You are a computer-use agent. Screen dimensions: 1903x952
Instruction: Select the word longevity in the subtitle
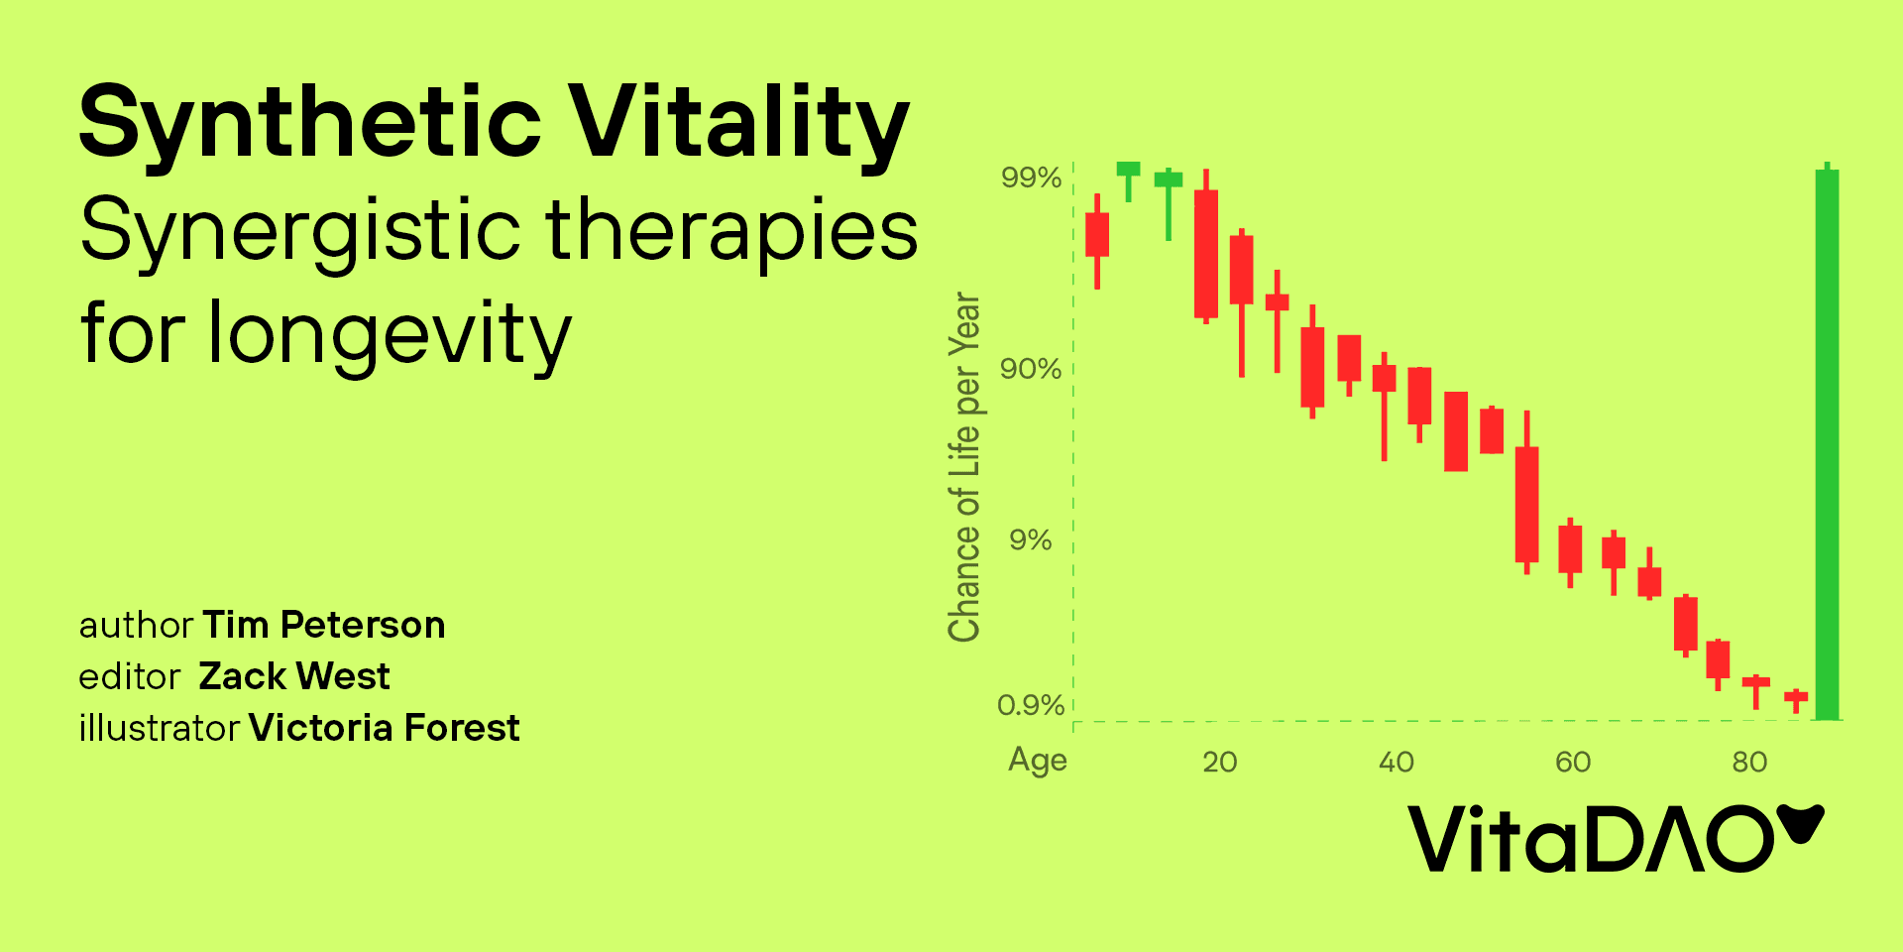point(391,335)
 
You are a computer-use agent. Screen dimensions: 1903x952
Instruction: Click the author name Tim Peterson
point(324,625)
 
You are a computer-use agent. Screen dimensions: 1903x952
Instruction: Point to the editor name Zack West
point(294,676)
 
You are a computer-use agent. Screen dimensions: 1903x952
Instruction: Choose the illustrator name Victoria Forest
point(385,728)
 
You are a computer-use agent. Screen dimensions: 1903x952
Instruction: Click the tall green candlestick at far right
point(1827,441)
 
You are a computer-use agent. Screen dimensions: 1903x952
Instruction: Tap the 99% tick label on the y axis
point(1031,178)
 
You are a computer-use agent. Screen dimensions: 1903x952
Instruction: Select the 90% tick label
point(1031,369)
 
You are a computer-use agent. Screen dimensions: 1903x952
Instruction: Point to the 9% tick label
point(1031,540)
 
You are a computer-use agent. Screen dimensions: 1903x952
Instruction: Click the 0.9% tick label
point(1031,705)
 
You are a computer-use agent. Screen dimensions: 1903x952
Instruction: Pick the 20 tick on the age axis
point(1220,762)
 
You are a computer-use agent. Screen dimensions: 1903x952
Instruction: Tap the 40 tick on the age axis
point(1397,762)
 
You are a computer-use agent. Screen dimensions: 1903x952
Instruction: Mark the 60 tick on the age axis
point(1573,762)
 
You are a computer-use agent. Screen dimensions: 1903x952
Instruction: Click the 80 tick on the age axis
point(1750,762)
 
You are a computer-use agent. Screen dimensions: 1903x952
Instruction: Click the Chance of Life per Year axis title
point(964,467)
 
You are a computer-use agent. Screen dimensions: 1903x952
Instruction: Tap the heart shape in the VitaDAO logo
point(1800,823)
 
